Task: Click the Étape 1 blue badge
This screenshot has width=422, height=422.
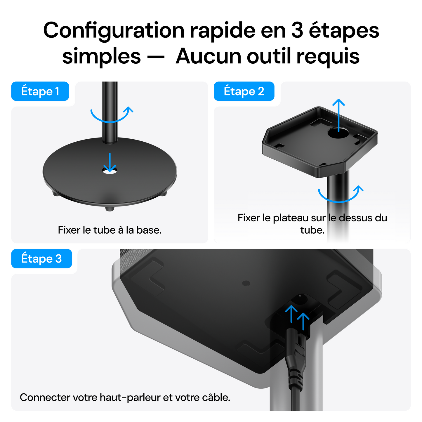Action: (40, 91)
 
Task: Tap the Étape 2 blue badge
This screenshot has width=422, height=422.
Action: (244, 91)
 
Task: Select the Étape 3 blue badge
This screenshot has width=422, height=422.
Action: (41, 259)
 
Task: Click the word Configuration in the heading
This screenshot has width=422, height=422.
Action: (114, 30)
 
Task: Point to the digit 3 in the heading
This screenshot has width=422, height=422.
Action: (297, 30)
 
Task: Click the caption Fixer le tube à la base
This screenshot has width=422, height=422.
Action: (110, 230)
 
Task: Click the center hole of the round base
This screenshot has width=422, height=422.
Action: (110, 171)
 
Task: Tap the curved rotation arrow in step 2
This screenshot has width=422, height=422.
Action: (340, 194)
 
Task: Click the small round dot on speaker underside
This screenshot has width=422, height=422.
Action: (246, 283)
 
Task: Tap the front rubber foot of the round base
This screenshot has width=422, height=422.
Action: (110, 208)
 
